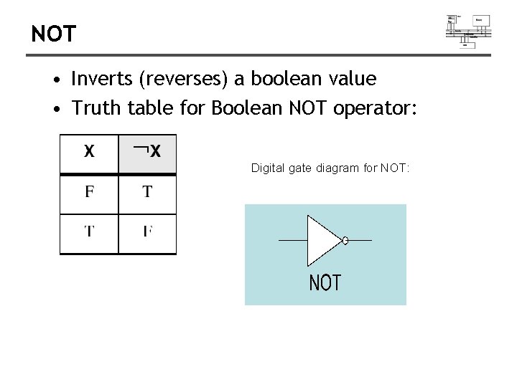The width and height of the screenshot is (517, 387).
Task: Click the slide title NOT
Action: point(53,34)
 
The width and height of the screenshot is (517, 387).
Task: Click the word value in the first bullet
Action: point(352,78)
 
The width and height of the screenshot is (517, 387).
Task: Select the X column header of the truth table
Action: point(89,152)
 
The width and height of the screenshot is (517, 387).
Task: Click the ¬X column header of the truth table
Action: point(147,152)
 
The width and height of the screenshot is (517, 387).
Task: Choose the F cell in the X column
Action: point(89,192)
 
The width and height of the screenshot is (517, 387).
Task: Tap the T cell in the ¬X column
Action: point(147,192)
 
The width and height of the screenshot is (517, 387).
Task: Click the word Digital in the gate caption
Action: point(267,168)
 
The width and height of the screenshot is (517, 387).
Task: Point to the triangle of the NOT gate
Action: point(322,241)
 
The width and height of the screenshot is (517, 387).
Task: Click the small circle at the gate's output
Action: point(345,241)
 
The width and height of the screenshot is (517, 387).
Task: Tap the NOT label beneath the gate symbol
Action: point(325,283)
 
